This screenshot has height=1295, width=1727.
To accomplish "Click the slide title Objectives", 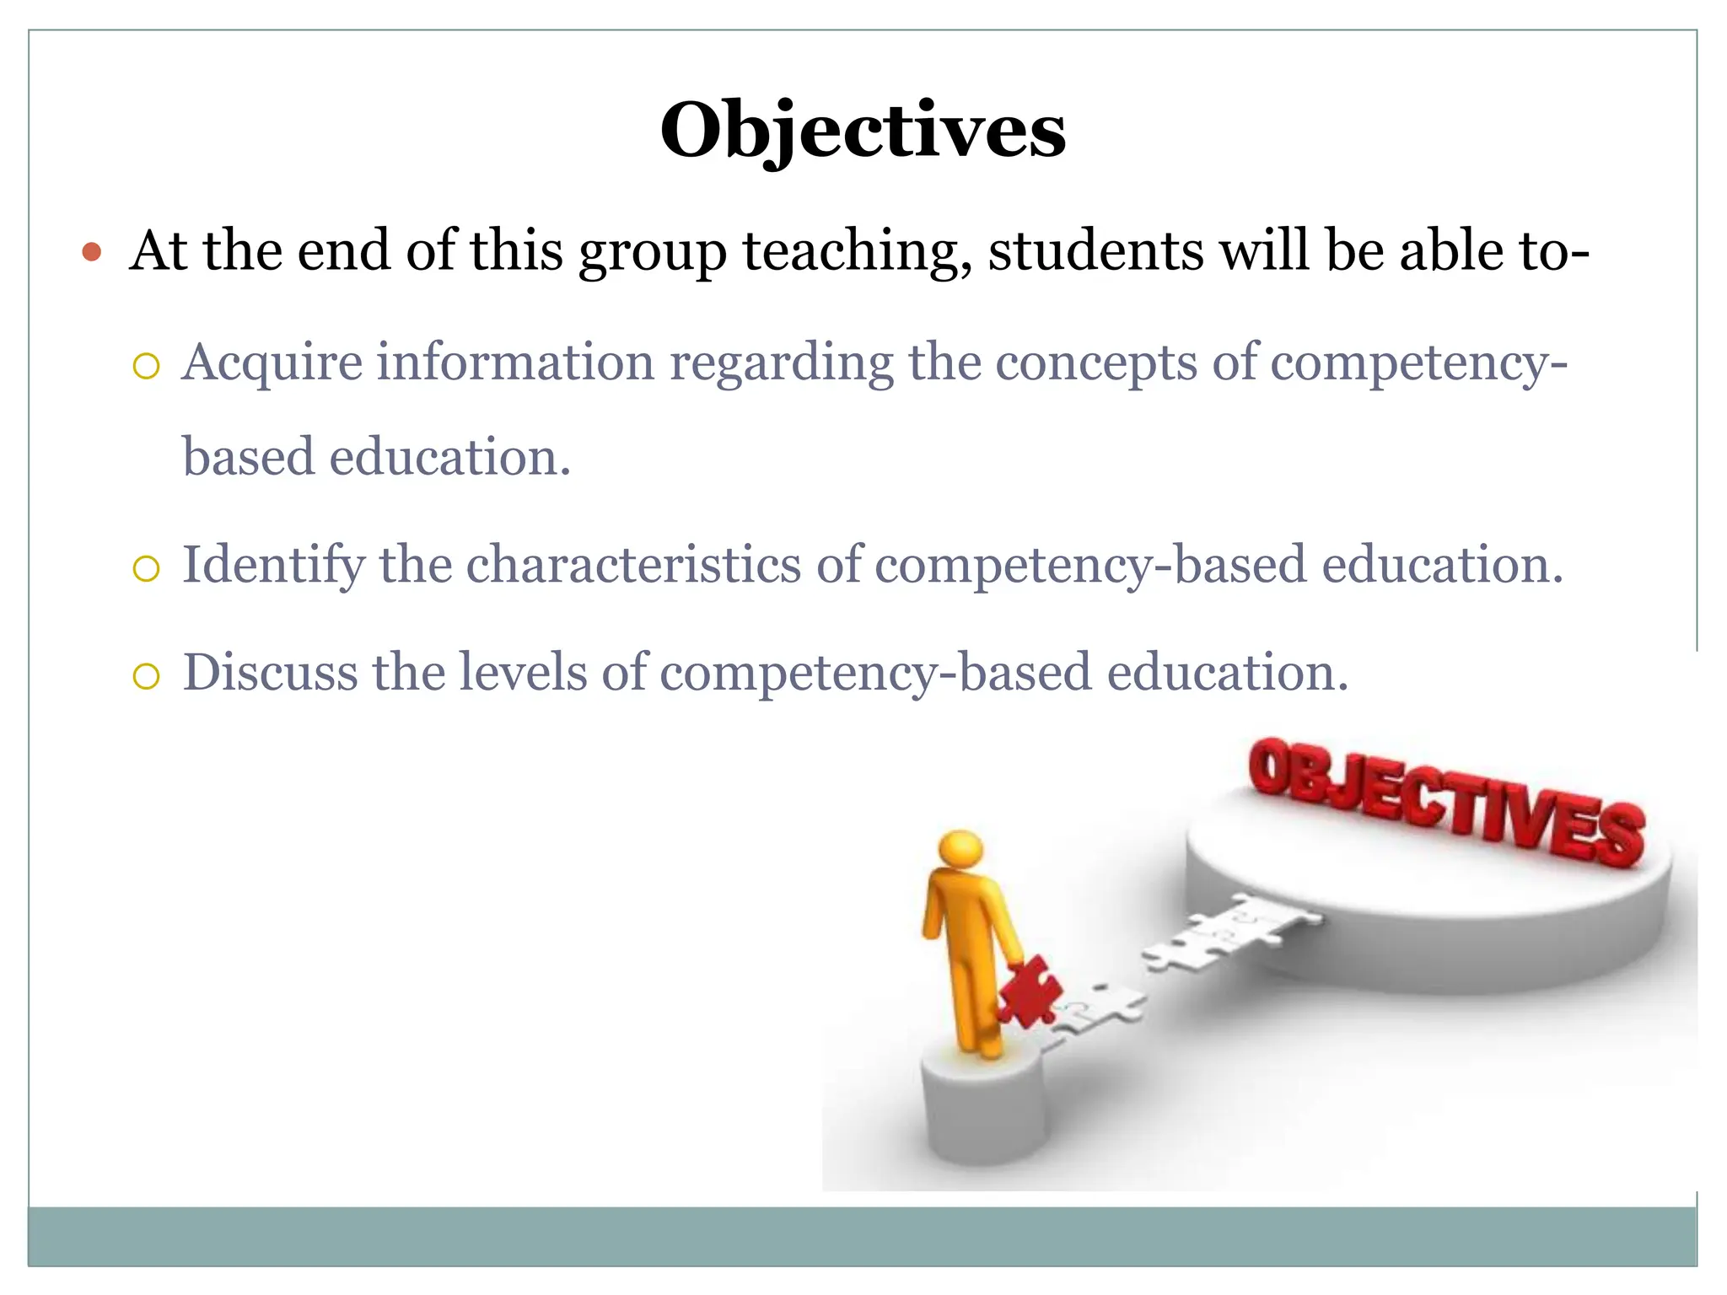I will (x=863, y=132).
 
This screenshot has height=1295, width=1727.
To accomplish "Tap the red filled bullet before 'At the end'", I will (x=93, y=252).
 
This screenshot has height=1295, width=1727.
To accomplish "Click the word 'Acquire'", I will (x=272, y=363).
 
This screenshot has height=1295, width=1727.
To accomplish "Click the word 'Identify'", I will (x=273, y=565).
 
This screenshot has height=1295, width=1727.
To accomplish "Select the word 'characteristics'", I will (x=633, y=564).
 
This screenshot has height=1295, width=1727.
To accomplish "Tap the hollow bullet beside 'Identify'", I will (x=146, y=570).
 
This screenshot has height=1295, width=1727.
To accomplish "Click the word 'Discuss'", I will (x=270, y=672).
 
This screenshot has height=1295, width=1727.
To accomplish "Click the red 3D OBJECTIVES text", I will (x=1445, y=801).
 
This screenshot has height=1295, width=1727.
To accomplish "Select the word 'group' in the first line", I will (x=652, y=252).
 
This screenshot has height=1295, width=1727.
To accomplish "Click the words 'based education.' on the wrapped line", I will (x=377, y=458).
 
